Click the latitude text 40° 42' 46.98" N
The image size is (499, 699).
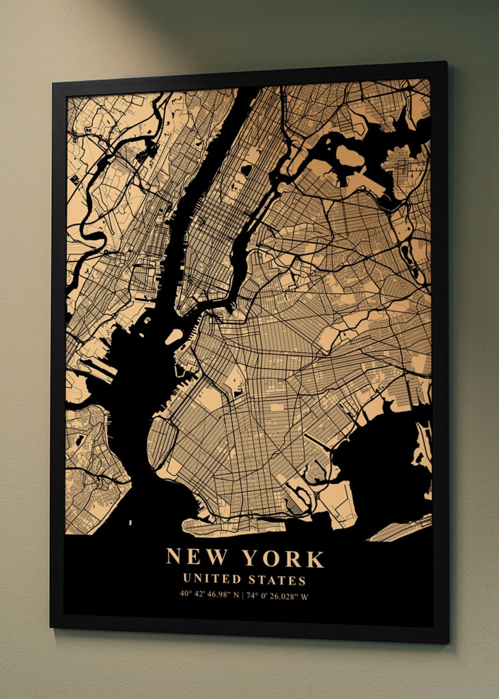pos(210,595)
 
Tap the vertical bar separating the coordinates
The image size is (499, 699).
pos(243,595)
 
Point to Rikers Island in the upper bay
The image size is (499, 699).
pos(350,158)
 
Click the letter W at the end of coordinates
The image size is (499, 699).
pos(304,595)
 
